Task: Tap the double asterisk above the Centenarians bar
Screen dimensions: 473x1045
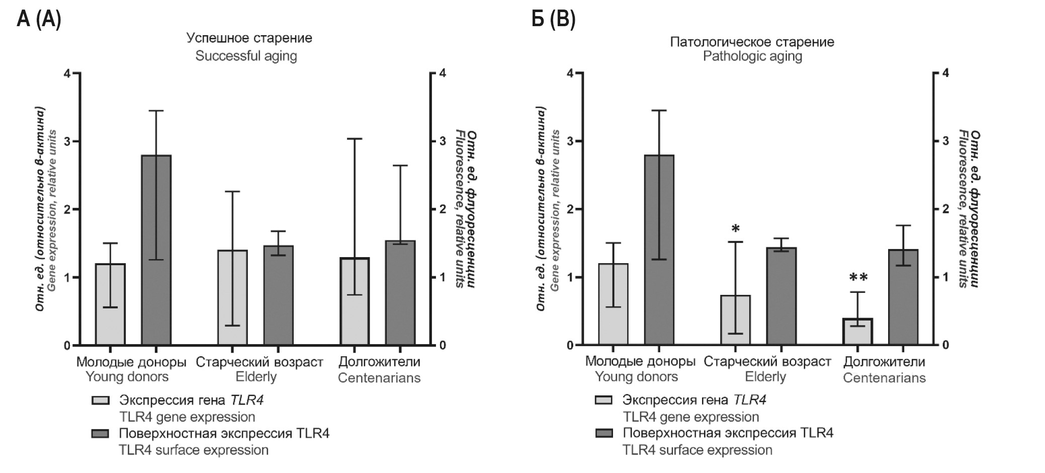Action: click(858, 278)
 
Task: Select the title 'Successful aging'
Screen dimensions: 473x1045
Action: click(246, 56)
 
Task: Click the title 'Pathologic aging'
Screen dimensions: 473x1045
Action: click(752, 56)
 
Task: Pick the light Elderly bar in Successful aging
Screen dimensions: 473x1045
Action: click(232, 297)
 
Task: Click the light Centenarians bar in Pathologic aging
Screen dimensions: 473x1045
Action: click(858, 332)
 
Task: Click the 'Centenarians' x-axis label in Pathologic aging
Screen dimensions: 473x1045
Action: click(884, 377)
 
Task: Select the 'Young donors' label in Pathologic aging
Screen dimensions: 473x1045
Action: click(636, 377)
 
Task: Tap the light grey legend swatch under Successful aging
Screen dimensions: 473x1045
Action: click(101, 401)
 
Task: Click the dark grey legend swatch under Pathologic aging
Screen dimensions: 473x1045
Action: click(604, 433)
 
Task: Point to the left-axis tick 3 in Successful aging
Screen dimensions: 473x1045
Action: click(67, 141)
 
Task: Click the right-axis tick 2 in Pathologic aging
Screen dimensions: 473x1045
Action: click(945, 209)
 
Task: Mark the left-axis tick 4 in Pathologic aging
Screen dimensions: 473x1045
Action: click(570, 73)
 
